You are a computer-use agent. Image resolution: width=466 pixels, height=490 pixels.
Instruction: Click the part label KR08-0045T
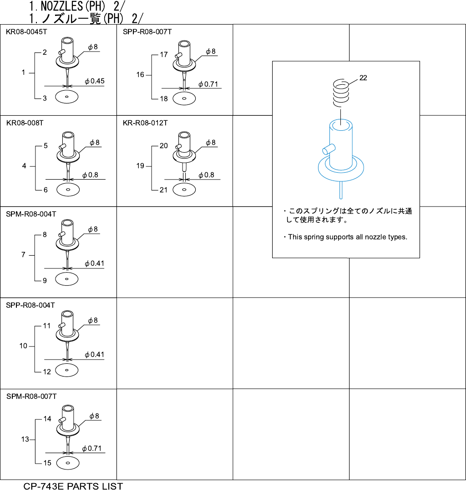26,32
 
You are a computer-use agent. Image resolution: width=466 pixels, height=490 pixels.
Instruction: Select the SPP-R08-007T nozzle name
147,32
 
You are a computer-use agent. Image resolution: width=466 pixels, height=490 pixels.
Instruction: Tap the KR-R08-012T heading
145,123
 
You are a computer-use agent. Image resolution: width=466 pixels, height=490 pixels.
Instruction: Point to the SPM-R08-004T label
30,214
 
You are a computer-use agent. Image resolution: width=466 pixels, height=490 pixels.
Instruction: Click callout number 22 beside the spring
363,78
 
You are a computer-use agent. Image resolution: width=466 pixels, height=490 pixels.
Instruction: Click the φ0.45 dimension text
95,82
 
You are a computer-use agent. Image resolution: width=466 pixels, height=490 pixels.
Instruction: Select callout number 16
140,75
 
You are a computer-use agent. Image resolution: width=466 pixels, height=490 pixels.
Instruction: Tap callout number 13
25,439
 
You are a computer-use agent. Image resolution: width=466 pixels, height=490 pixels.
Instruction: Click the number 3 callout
45,98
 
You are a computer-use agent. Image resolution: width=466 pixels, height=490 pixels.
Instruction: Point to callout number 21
164,190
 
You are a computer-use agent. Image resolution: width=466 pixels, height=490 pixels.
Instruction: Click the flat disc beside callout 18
184,98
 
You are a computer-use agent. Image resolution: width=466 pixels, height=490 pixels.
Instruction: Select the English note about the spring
348,237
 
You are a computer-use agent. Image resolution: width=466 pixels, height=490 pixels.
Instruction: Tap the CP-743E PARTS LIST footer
73,486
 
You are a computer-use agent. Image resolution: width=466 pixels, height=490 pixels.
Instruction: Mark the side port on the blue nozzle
327,149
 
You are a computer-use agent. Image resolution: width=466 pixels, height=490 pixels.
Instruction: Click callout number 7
23,255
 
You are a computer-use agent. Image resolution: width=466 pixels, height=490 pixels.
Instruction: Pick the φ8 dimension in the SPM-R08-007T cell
94,416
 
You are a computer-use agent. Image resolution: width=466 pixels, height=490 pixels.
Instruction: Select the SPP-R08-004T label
30,305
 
